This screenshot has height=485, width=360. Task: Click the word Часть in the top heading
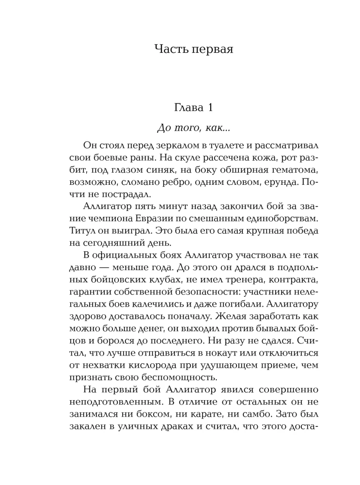[171, 49]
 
